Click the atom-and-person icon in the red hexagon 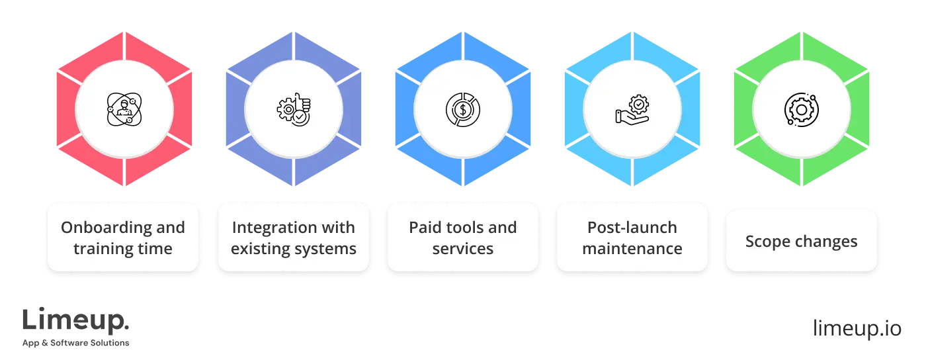(124, 109)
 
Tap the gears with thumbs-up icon (294, 109)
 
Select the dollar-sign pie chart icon (463, 109)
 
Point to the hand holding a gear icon (632, 110)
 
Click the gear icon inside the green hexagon (802, 109)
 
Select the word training (100, 249)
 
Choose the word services (463, 249)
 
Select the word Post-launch (632, 228)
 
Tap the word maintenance (632, 249)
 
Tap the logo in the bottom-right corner (857, 329)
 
